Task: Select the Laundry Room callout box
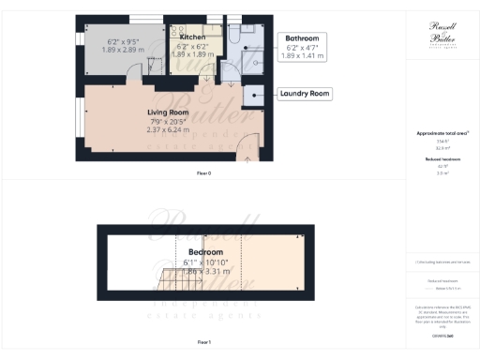pyautogui.click(x=305, y=94)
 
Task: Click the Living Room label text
pyautogui.click(x=169, y=112)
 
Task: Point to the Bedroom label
pyautogui.click(x=204, y=253)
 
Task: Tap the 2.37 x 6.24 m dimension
pyautogui.click(x=169, y=129)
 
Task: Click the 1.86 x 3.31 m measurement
pyautogui.click(x=204, y=271)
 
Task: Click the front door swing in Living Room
pyautogui.click(x=245, y=145)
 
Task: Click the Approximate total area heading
pyautogui.click(x=442, y=134)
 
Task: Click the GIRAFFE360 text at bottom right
pyautogui.click(x=442, y=335)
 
